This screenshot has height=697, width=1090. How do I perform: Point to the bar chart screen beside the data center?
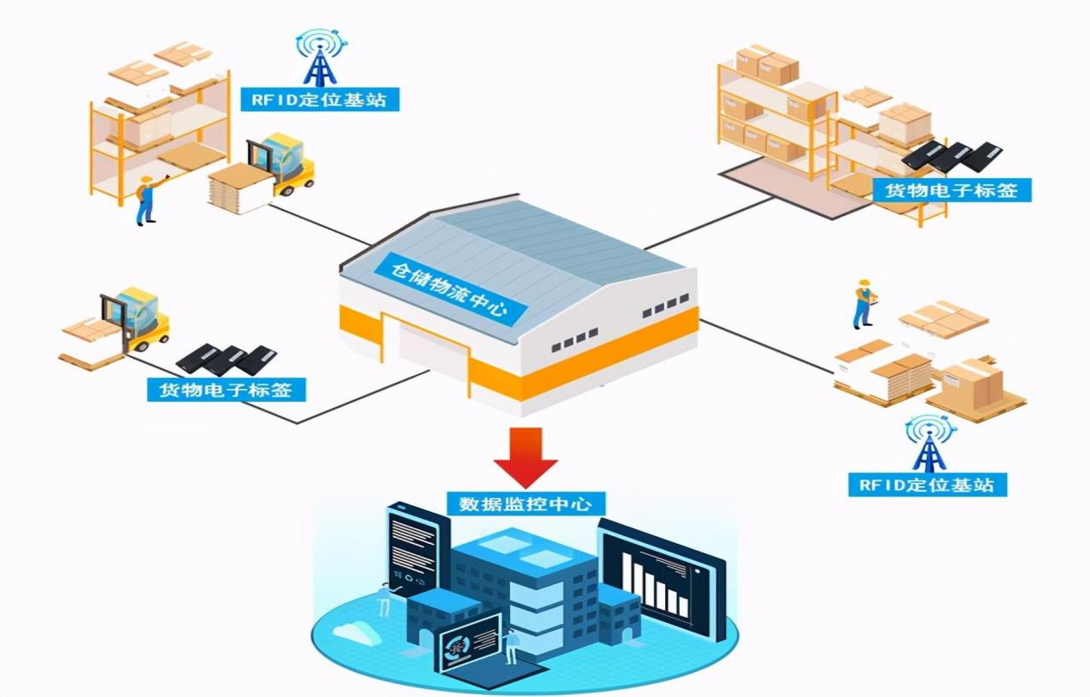click(661, 579)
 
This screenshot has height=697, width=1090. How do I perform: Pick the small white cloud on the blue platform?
click(354, 632)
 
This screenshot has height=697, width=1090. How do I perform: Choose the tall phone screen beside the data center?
click(412, 549)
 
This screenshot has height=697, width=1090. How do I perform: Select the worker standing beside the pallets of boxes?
click(863, 304)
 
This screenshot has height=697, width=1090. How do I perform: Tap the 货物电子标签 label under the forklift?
click(226, 390)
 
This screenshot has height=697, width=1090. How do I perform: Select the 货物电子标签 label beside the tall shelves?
click(950, 189)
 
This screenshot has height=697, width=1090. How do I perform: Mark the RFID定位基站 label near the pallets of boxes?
click(927, 484)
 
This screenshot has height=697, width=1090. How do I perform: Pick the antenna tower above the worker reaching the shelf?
click(321, 57)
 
